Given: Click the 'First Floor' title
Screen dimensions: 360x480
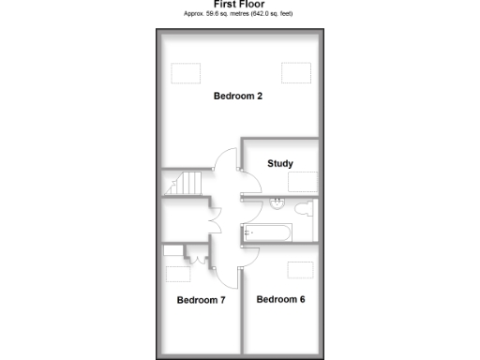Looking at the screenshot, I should pos(239,5).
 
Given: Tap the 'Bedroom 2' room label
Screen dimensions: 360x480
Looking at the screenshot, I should pos(237,96).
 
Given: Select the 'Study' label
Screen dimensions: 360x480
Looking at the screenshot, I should pos(279,163).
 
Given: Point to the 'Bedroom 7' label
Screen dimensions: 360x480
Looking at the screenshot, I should pos(202,300).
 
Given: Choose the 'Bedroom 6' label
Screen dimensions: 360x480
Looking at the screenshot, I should pos(280,299).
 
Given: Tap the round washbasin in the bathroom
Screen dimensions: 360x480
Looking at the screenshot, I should pos(277,202).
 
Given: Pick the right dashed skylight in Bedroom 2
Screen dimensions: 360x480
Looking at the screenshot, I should pos(296,71).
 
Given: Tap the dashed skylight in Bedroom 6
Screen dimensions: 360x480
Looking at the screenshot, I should pos(300,270).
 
